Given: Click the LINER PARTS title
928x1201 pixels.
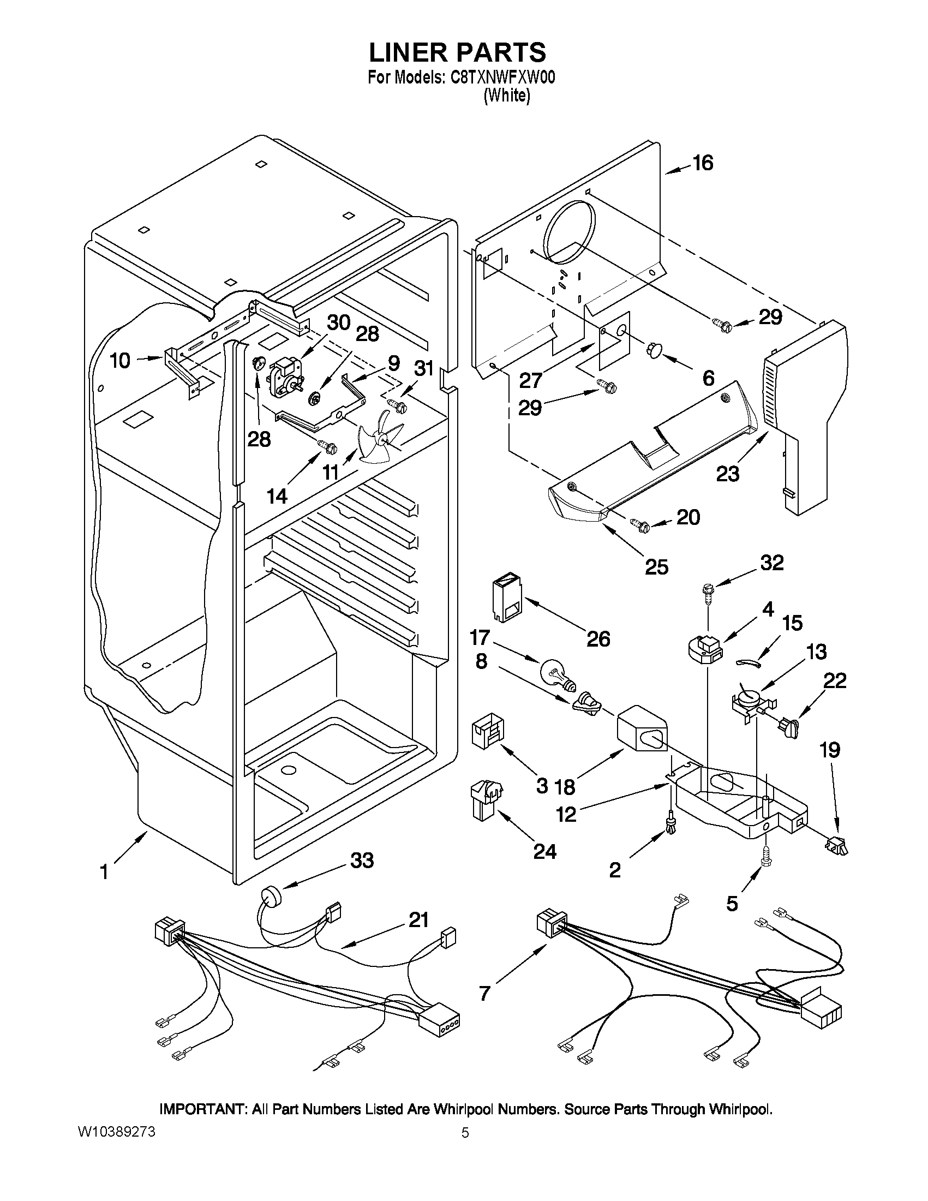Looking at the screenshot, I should click(457, 52).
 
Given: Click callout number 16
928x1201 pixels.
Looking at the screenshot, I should click(702, 163).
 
